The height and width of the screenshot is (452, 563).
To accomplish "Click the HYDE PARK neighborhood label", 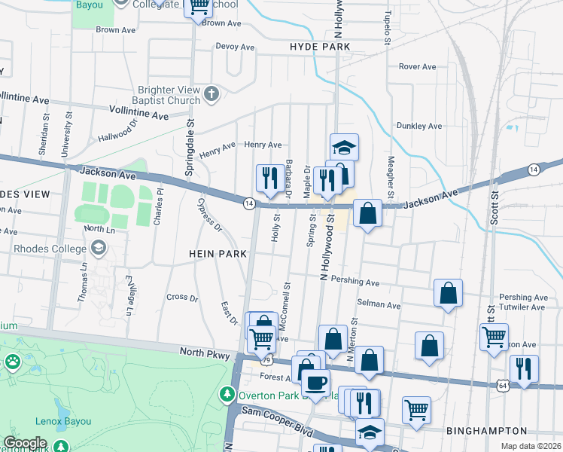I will [320, 47].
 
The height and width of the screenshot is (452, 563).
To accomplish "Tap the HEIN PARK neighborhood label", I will [218, 255].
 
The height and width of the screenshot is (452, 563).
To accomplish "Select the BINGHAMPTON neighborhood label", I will [486, 431].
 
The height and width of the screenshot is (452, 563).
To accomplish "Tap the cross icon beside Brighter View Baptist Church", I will [212, 94].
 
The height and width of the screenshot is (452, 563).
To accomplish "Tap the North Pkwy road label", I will [203, 352].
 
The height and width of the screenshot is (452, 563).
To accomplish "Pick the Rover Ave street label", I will [418, 67].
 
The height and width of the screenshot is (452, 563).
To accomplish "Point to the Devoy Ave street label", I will [236, 47].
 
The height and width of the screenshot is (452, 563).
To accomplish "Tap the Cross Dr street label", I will [181, 297].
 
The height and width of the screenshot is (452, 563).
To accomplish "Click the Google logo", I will [25, 443].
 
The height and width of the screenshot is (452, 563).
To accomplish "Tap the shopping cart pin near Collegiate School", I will [199, 9].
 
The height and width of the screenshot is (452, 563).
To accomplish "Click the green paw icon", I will [13, 362].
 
